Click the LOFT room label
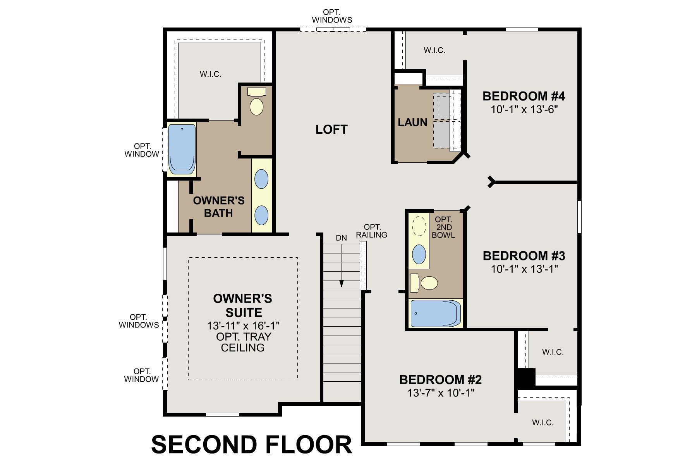(331, 129)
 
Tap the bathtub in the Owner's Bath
(182, 148)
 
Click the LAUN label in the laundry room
(412, 122)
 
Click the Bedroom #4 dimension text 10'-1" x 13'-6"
(524, 110)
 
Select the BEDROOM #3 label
(524, 256)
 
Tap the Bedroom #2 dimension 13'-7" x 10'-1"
(441, 393)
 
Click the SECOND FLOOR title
(252, 444)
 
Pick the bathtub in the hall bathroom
(435, 313)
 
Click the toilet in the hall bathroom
(424, 283)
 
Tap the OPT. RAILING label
(372, 231)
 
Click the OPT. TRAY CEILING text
(243, 342)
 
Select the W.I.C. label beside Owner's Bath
(211, 74)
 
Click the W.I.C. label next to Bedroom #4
(434, 50)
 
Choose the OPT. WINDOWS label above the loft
(332, 16)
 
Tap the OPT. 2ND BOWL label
(443, 227)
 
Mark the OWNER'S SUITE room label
(243, 305)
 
